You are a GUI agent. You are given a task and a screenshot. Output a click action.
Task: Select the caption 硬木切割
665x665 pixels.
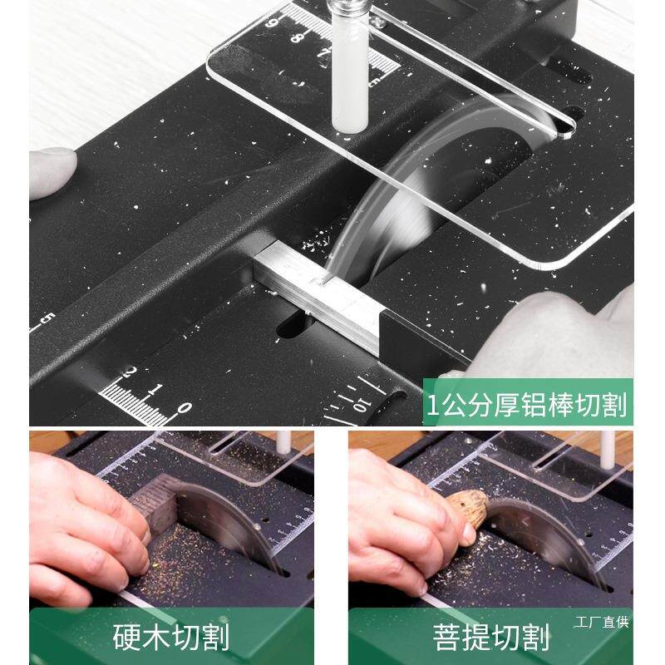[x=170, y=638]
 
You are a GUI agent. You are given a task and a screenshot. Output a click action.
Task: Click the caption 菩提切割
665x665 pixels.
[x=490, y=638]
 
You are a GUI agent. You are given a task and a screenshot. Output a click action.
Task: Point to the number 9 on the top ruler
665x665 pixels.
[x=272, y=22]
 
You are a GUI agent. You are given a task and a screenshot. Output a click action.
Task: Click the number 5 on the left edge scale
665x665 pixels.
[x=49, y=319]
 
